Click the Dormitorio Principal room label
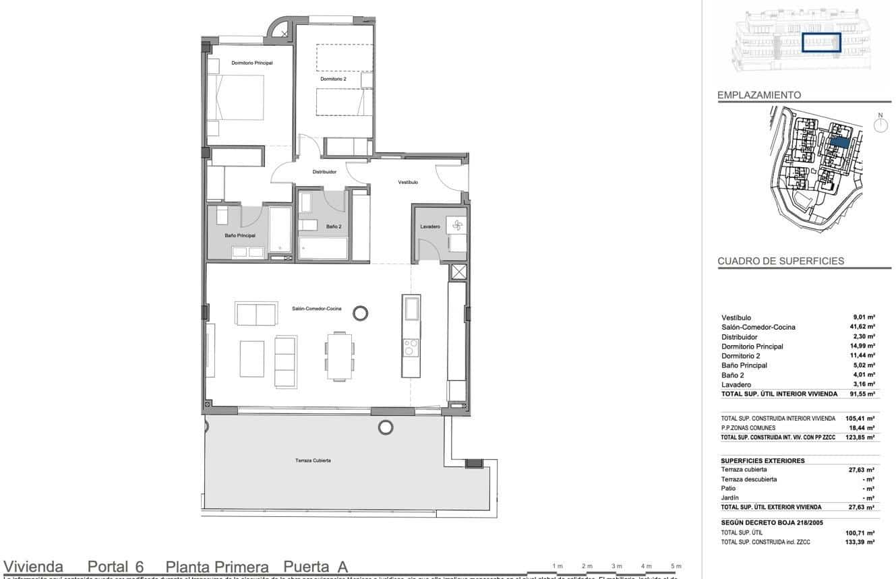251,63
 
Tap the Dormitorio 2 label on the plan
333,79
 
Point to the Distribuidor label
324,172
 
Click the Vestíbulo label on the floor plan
408,182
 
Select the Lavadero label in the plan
430,226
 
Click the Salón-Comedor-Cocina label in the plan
316,309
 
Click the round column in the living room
361,312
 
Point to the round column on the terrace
386,427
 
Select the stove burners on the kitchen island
411,348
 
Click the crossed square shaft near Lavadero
458,272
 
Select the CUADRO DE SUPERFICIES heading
781,262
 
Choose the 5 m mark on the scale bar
676,566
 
